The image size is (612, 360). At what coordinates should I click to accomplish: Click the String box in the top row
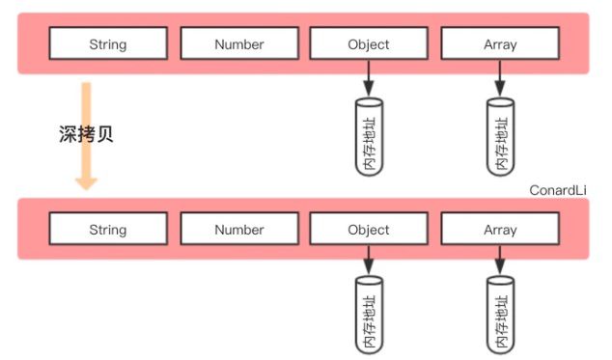click(108, 43)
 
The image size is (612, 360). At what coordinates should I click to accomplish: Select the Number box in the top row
click(239, 43)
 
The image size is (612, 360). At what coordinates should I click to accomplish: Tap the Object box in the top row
click(369, 43)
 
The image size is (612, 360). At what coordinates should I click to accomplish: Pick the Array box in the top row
click(500, 43)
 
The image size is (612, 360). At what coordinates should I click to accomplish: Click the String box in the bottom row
click(108, 229)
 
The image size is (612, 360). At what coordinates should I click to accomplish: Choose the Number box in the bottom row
click(239, 229)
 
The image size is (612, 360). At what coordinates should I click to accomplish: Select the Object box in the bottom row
click(369, 229)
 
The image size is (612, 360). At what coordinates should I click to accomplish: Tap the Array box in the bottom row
click(500, 229)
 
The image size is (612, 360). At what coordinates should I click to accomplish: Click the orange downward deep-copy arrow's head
click(86, 183)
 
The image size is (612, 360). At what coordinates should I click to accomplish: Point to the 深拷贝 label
click(86, 134)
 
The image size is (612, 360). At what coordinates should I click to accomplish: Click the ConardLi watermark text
click(558, 190)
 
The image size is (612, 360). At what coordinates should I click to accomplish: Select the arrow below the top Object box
click(369, 78)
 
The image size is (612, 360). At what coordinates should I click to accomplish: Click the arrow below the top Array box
click(500, 78)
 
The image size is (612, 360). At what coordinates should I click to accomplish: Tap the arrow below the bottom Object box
click(369, 260)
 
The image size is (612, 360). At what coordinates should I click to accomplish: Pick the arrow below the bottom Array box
click(500, 260)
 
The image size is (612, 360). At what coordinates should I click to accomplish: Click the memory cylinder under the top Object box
click(369, 137)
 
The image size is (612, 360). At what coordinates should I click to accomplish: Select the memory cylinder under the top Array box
click(500, 137)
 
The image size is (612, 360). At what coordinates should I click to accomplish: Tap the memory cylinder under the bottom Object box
click(369, 315)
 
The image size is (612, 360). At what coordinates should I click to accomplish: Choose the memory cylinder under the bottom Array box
click(500, 315)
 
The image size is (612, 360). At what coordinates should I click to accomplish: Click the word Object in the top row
click(369, 44)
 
